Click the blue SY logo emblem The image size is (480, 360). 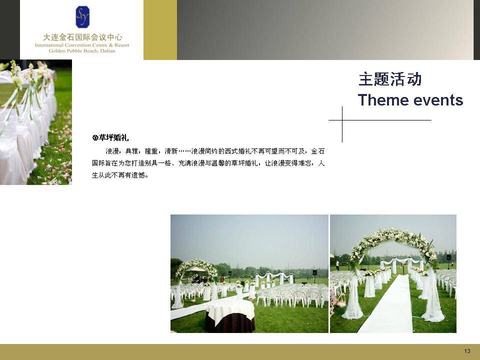(82, 17)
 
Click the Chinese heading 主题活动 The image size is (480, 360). (390, 79)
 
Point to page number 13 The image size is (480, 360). (467, 351)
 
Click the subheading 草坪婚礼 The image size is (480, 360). (113, 138)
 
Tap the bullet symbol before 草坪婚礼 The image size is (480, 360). (95, 138)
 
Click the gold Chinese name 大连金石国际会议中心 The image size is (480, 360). (82, 37)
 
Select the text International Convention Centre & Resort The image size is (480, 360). (82, 45)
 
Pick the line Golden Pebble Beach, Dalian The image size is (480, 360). (82, 51)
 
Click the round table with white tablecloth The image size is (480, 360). (230, 315)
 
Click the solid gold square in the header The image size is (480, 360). (160, 29)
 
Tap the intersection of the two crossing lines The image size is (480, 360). (342, 120)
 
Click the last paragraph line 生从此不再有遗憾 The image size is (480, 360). (120, 175)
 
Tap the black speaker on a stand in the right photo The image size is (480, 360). (448, 257)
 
